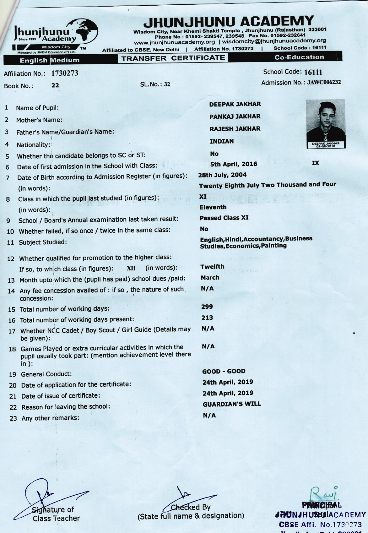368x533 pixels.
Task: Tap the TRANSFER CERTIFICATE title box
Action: (x=173, y=58)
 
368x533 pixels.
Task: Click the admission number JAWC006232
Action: (x=324, y=82)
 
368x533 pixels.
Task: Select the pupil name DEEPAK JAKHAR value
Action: (x=235, y=104)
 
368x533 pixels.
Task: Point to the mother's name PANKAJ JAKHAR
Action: (x=235, y=117)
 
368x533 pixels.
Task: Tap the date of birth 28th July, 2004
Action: (x=222, y=175)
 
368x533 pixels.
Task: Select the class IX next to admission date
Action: (x=315, y=163)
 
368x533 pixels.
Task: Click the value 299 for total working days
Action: (x=207, y=307)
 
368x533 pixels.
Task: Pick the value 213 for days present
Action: (x=207, y=318)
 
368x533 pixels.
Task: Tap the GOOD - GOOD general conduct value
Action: (x=224, y=371)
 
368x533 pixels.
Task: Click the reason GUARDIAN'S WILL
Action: (x=232, y=404)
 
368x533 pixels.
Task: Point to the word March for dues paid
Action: (x=210, y=278)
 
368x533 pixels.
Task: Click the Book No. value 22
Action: (x=55, y=85)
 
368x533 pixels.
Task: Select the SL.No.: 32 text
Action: (x=155, y=84)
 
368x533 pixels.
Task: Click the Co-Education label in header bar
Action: (x=299, y=57)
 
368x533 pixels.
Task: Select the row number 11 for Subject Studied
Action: (x=10, y=243)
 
